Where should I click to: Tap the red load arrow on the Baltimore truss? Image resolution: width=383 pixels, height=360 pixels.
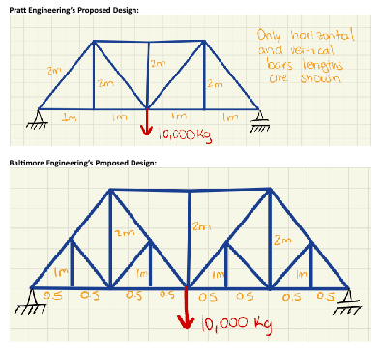190,310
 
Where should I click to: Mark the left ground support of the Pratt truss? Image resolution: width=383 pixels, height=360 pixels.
38,114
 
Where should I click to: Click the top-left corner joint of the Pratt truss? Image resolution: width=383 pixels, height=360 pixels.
95,42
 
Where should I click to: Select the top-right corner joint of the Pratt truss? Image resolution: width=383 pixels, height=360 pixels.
203,42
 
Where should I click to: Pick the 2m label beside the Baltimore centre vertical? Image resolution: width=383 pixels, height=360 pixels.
200,226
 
